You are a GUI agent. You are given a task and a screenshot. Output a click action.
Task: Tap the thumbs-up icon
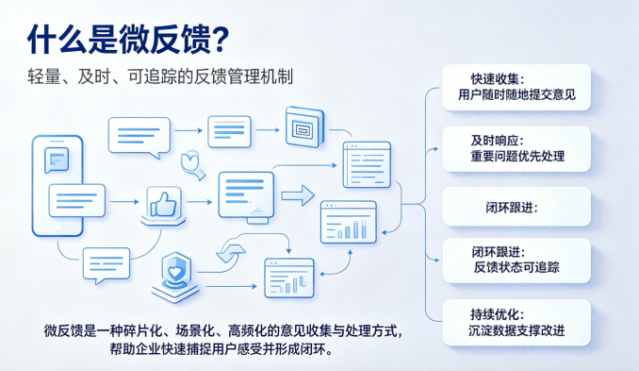pyautogui.click(x=163, y=204)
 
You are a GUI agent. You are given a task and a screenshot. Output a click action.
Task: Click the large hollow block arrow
pyautogui.click(x=298, y=195)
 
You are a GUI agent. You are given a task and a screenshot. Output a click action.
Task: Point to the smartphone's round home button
pyautogui.click(x=57, y=227)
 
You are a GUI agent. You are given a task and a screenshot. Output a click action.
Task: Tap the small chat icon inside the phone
pyautogui.click(x=57, y=160)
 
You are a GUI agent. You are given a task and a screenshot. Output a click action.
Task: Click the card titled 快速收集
pyautogui.click(x=516, y=87)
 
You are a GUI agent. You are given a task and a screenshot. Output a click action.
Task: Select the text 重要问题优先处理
pyautogui.click(x=517, y=156)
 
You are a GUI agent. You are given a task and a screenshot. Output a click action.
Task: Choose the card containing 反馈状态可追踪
pyautogui.click(x=516, y=261)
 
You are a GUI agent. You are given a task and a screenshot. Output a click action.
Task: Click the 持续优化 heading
pyautogui.click(x=497, y=314)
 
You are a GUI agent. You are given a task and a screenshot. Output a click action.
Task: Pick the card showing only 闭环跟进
pyautogui.click(x=516, y=207)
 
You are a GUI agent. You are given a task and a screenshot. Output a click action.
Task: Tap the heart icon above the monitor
pyautogui.click(x=191, y=163)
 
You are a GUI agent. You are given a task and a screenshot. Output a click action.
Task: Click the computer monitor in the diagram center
pyautogui.click(x=246, y=197)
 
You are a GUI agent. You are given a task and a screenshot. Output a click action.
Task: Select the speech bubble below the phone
pyautogui.click(x=106, y=265)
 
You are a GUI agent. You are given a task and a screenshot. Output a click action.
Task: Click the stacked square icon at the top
pyautogui.click(x=304, y=126)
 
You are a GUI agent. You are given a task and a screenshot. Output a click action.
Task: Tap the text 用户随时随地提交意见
pyautogui.click(x=516, y=94)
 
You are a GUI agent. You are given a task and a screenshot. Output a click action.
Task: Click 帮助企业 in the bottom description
pyautogui.click(x=135, y=349)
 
